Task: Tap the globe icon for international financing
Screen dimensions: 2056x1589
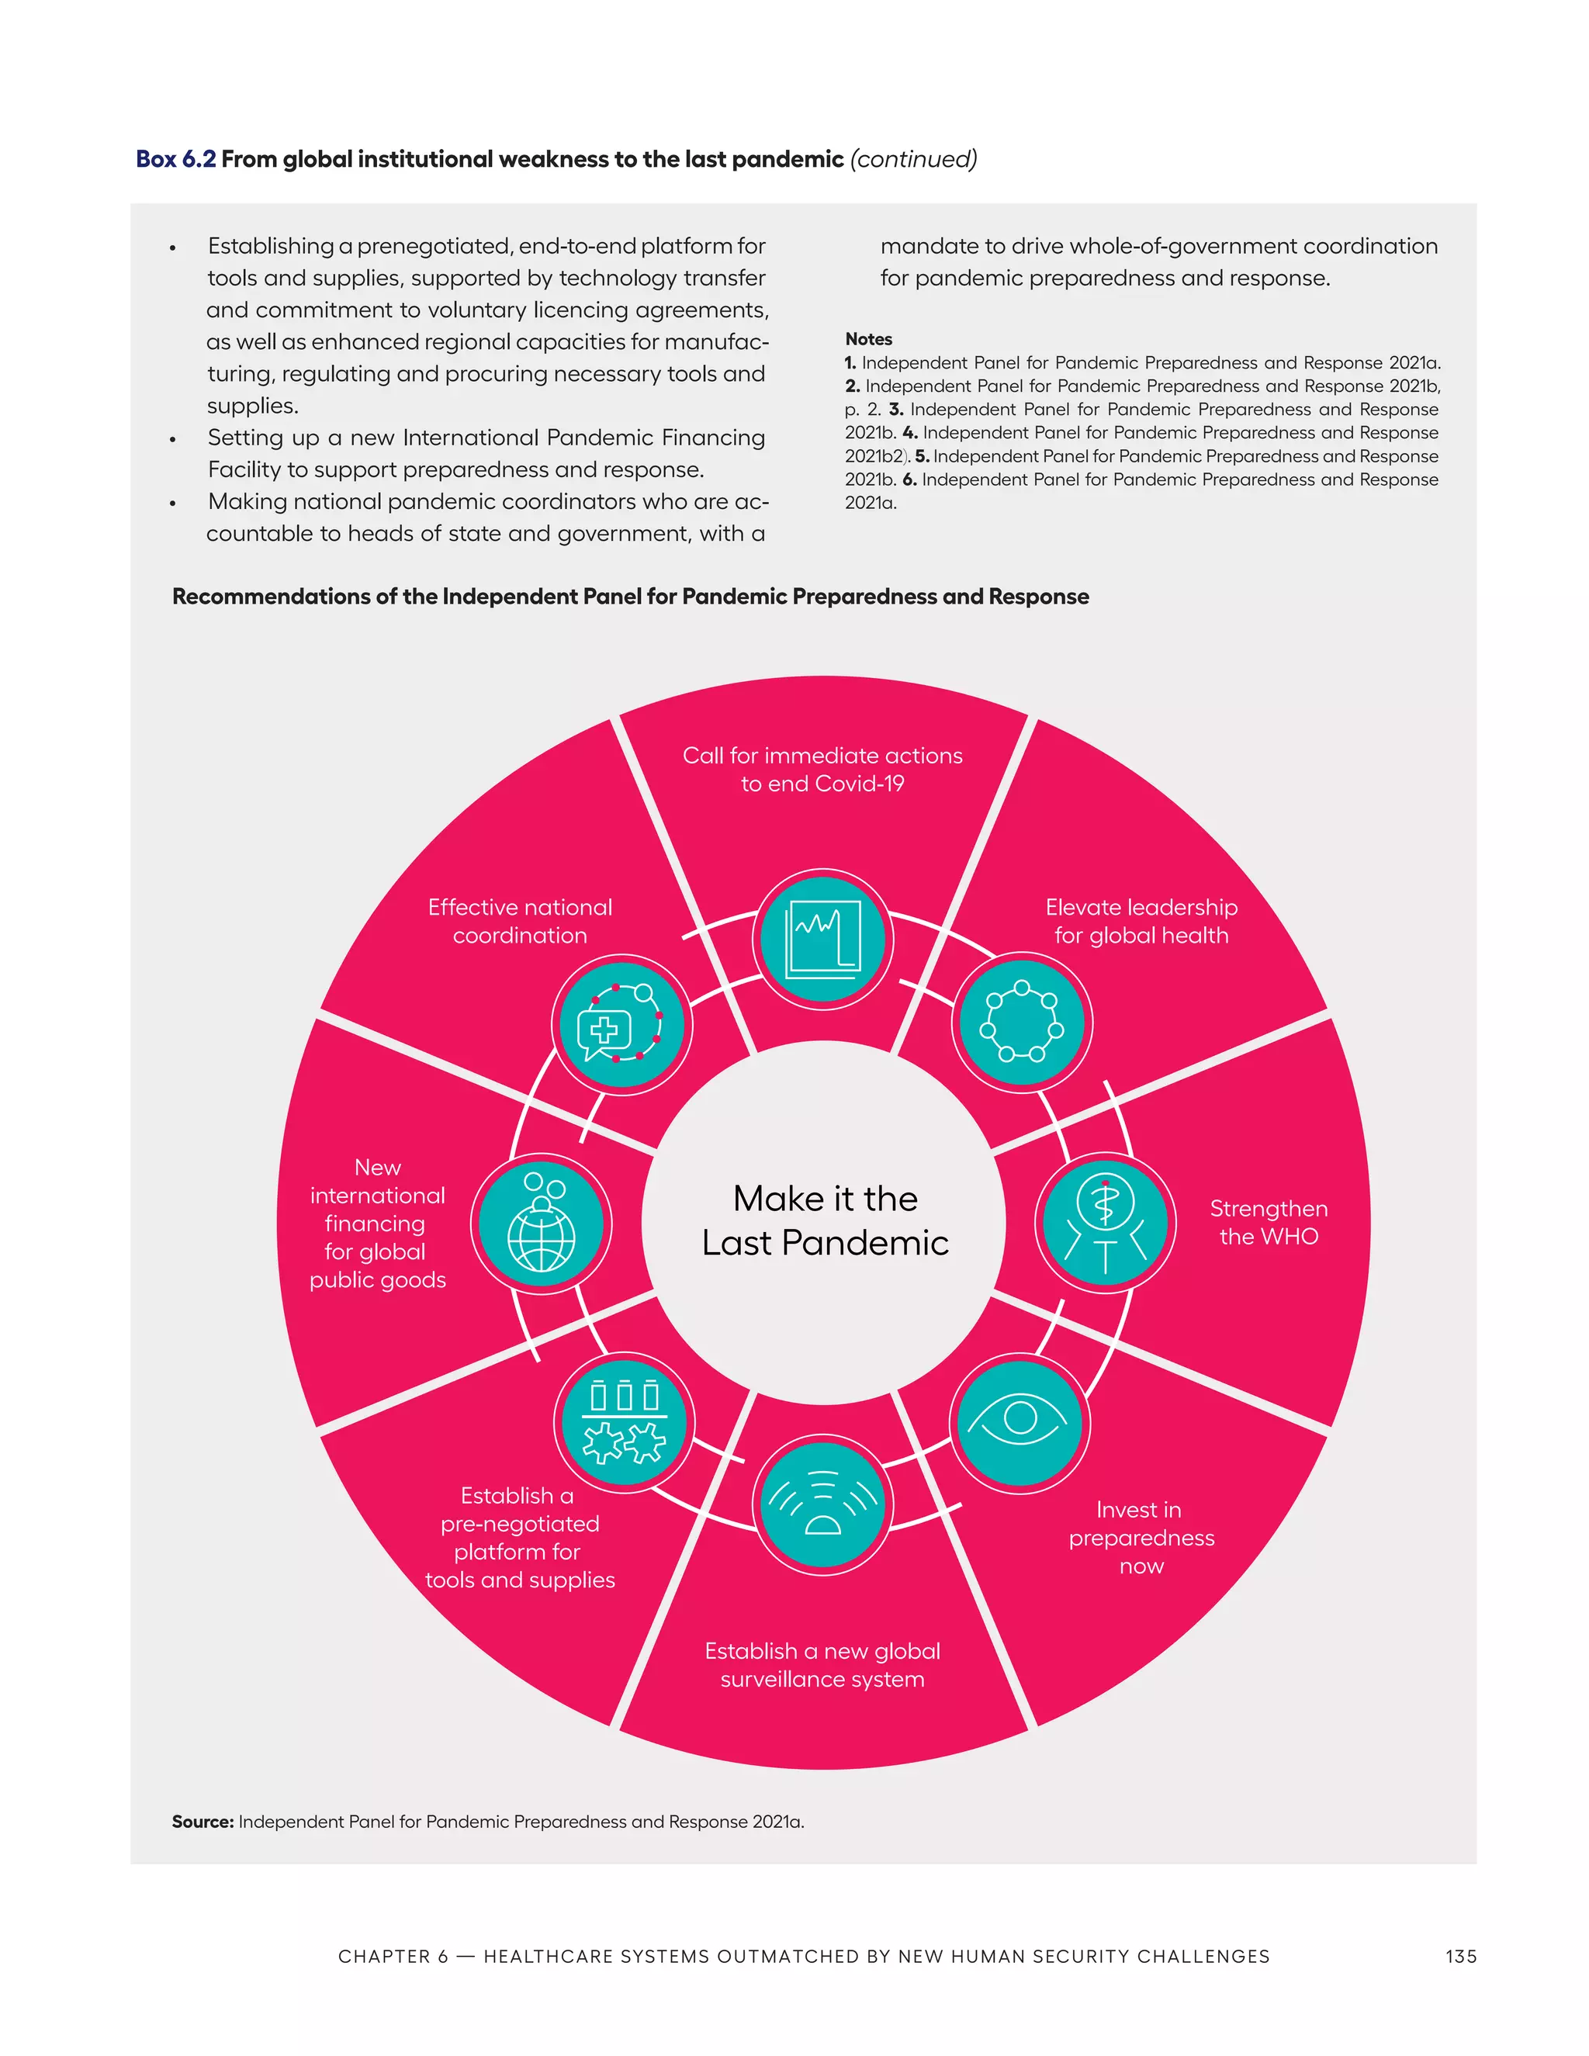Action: click(542, 1225)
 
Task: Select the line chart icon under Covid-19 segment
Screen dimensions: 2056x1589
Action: click(822, 939)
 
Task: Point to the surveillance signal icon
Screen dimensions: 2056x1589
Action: click(822, 1504)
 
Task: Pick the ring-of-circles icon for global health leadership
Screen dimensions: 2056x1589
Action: click(1021, 1022)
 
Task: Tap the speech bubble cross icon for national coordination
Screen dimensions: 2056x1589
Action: click(621, 1024)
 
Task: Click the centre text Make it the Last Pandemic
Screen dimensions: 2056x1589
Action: click(825, 1221)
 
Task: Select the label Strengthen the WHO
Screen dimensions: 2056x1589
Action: click(1268, 1222)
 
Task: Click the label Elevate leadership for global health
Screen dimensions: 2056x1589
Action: click(1141, 921)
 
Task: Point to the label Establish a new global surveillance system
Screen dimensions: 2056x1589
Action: click(822, 1664)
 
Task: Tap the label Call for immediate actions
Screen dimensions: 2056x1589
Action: click(822, 769)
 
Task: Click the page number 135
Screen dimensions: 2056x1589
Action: click(1460, 1956)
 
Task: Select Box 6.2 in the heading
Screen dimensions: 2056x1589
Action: click(176, 159)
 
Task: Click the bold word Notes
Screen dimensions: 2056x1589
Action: click(868, 339)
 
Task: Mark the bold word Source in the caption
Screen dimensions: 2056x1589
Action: click(203, 1822)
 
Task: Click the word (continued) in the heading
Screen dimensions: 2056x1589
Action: click(913, 159)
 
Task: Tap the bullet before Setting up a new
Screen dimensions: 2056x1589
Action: click(172, 440)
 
